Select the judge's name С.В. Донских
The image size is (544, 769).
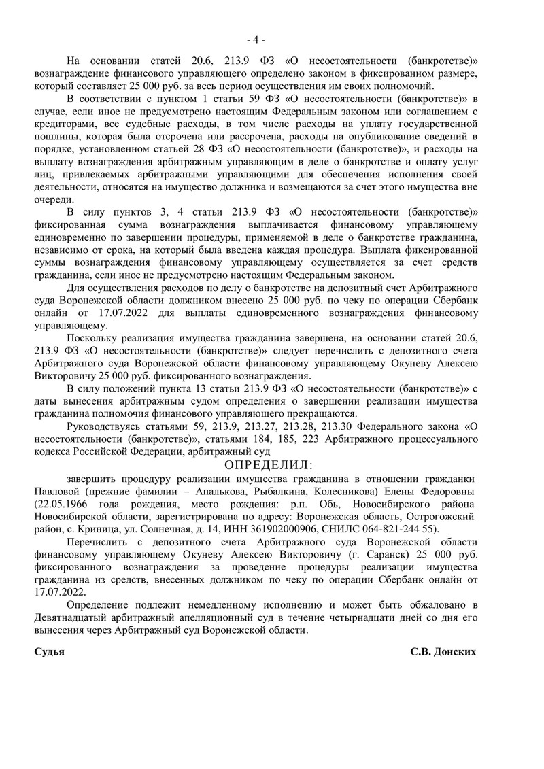coord(443,651)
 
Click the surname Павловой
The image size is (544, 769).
coord(62,491)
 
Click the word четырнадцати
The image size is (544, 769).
coord(369,618)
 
